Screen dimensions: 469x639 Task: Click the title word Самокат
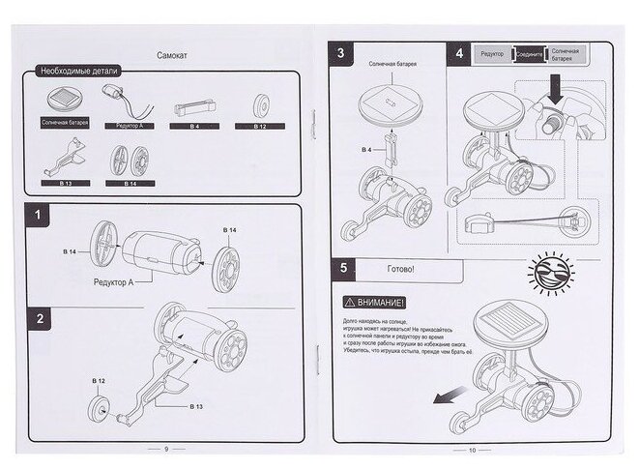point(172,56)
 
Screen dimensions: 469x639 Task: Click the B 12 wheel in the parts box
point(259,103)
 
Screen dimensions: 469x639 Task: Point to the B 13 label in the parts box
point(66,181)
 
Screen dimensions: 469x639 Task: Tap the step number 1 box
point(38,215)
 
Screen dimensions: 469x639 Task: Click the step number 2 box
point(38,318)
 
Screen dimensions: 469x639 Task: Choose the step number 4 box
point(459,54)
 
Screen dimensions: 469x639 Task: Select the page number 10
point(473,450)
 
